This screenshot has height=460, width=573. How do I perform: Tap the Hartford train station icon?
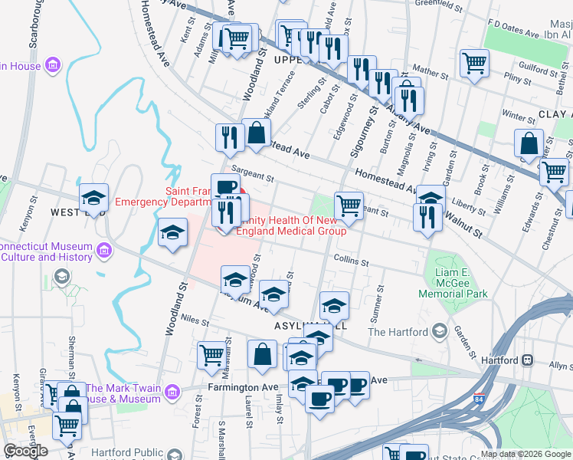click(x=527, y=360)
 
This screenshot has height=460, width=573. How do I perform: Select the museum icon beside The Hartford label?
click(x=440, y=331)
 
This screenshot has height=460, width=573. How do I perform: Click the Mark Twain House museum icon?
click(x=172, y=393)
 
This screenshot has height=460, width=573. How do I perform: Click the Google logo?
click(x=25, y=451)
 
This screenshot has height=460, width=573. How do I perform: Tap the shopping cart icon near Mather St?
click(x=475, y=62)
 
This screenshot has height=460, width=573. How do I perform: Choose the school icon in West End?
click(x=93, y=198)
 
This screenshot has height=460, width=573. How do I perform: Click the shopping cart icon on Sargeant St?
click(x=349, y=204)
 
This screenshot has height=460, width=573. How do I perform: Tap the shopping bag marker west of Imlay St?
click(x=262, y=354)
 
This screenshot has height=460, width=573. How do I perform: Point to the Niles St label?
click(x=196, y=323)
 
